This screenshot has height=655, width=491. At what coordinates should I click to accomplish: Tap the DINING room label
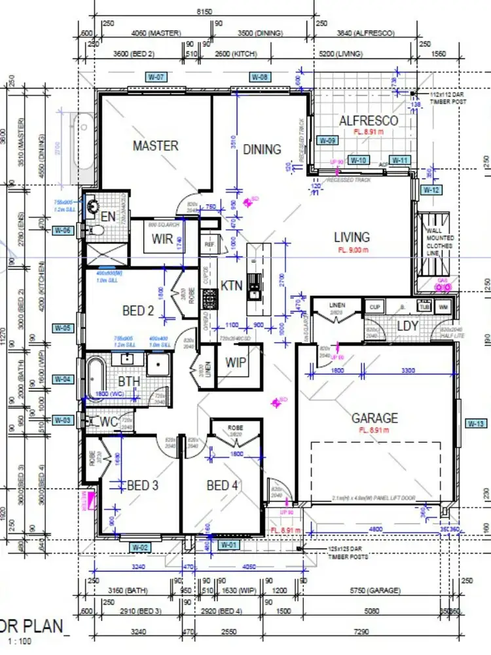coord(262,149)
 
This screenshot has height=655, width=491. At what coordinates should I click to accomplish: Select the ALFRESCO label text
coord(368,121)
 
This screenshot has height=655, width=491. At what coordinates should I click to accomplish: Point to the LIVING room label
coord(352,236)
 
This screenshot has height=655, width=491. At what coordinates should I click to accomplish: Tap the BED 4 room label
coord(222,485)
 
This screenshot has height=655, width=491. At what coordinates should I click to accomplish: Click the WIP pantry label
coord(235,362)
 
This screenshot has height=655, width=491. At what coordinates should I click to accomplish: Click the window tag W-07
coord(157,77)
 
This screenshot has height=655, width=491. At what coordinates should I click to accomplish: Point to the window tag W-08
coord(261,77)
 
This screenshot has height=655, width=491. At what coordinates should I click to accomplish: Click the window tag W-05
coord(62,327)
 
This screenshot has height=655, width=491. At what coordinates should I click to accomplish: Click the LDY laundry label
coord(408,326)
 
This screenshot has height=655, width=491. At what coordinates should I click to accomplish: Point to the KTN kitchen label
coord(232,286)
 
